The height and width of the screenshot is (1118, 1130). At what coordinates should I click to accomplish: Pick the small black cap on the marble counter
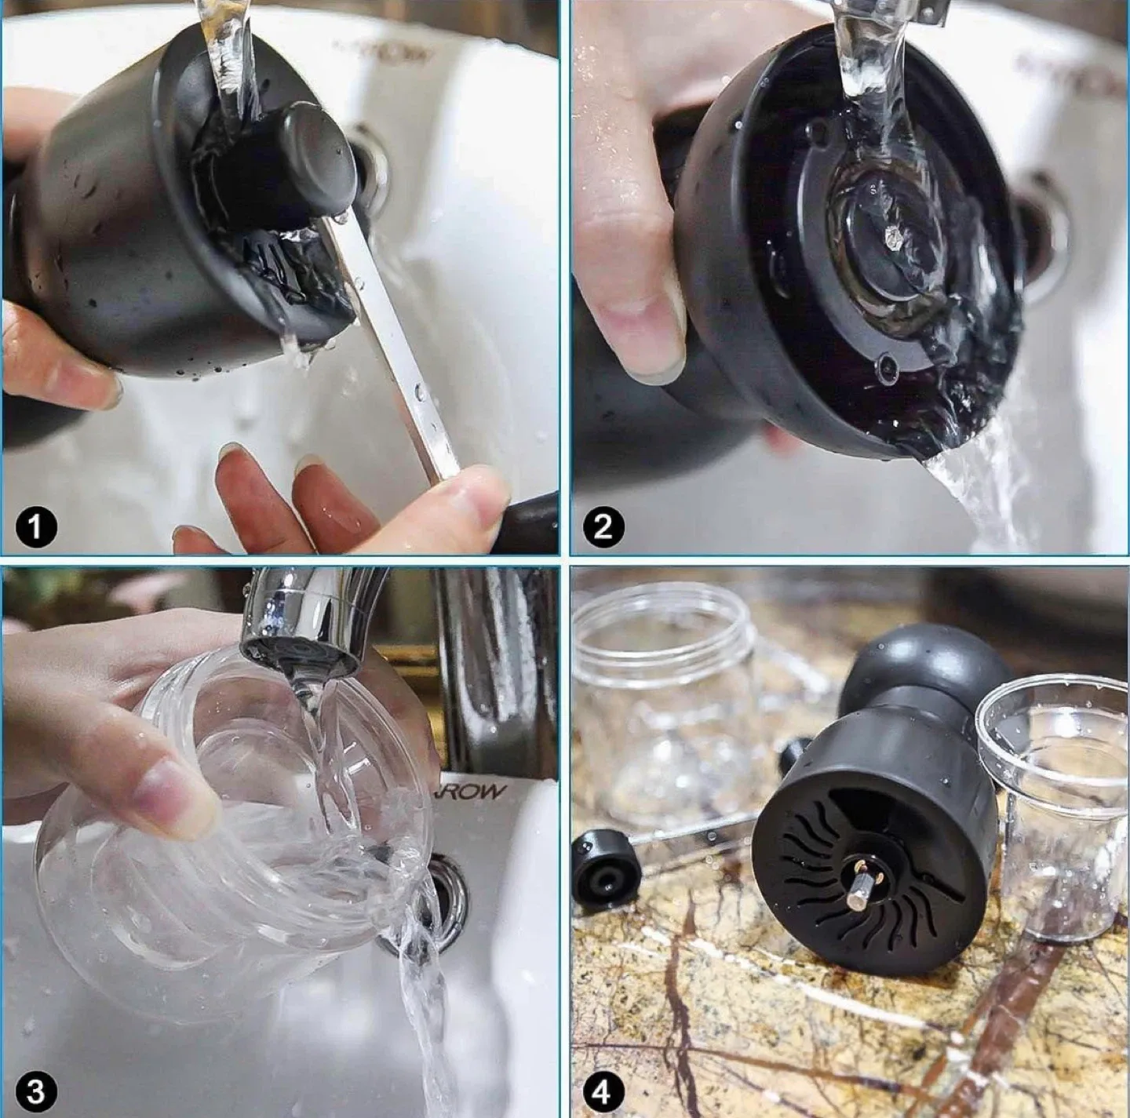coord(601,870)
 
